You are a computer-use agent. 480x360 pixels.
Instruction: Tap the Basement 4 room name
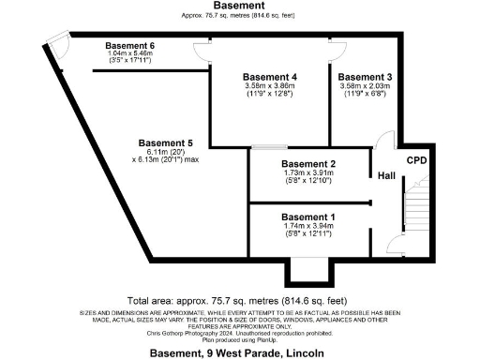click(x=270, y=76)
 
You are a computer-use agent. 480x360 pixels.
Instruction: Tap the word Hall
click(x=385, y=175)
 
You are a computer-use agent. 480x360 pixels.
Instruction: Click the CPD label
click(x=415, y=160)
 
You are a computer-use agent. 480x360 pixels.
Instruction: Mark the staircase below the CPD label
click(x=414, y=211)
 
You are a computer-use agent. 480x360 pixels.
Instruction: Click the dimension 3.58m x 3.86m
click(x=270, y=86)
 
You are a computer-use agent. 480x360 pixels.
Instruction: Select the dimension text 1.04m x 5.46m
click(x=129, y=55)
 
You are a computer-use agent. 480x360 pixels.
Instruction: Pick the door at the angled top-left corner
click(x=57, y=41)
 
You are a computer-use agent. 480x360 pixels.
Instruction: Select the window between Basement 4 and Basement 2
click(x=269, y=147)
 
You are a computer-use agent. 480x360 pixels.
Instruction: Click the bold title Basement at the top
click(x=240, y=6)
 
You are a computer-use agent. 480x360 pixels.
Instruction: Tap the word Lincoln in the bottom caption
click(x=306, y=353)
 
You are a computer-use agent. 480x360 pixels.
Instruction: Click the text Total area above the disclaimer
click(x=154, y=292)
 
